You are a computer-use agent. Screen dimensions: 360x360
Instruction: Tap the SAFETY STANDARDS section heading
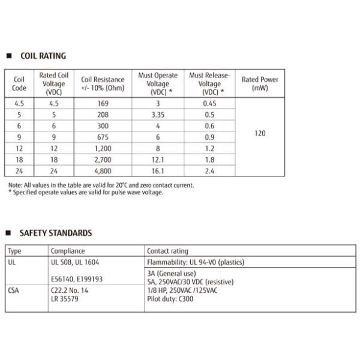coord(56,233)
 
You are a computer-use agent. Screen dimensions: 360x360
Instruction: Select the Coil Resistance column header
coord(103,83)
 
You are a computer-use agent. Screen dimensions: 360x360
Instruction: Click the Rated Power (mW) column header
coord(260,83)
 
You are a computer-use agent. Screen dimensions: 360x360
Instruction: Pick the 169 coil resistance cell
coord(103,103)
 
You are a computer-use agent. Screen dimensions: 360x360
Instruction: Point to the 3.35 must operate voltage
coord(158,114)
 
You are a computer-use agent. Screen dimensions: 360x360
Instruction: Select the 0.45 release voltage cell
coord(209,103)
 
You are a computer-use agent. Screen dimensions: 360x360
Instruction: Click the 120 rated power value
coord(260,133)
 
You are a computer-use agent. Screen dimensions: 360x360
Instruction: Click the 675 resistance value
coord(103,136)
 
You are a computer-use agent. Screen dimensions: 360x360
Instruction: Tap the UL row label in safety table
coord(12,262)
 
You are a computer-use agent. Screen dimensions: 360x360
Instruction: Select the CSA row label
coord(14,289)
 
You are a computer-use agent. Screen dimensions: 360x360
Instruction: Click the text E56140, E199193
coord(76,278)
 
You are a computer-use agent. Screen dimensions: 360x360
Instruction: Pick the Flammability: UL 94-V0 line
coord(196,262)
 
